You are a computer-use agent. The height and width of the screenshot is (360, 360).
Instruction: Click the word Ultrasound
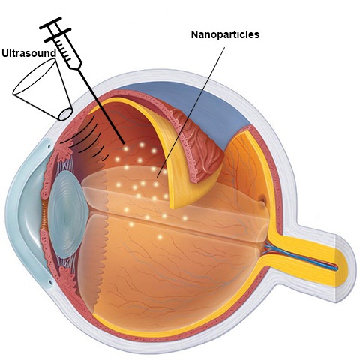(29, 53)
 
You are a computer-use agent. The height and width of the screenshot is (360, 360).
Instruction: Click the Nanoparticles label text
(225, 34)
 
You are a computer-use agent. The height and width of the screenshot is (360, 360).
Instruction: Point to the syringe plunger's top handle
(50, 23)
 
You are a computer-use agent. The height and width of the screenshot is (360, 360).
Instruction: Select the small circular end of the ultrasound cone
(65, 115)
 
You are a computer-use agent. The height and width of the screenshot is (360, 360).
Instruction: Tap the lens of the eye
(68, 214)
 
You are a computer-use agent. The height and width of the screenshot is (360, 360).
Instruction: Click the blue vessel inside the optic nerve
(300, 257)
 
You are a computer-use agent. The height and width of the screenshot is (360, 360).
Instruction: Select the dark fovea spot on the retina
(262, 200)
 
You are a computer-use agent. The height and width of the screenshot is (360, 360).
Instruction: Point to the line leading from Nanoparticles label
(190, 112)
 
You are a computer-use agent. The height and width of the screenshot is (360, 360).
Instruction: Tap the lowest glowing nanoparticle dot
(160, 236)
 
